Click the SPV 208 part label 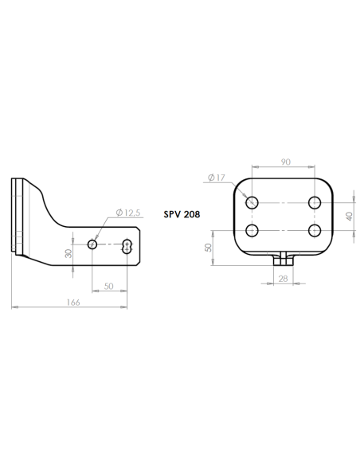click(x=182, y=214)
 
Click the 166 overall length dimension click(x=73, y=303)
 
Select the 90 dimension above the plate click(x=286, y=162)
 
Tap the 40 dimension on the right click(x=350, y=217)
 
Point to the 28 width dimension click(x=283, y=279)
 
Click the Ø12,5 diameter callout click(x=127, y=213)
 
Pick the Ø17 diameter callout click(x=217, y=178)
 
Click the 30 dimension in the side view click(x=68, y=253)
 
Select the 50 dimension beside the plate click(x=209, y=248)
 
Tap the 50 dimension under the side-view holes click(x=109, y=286)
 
